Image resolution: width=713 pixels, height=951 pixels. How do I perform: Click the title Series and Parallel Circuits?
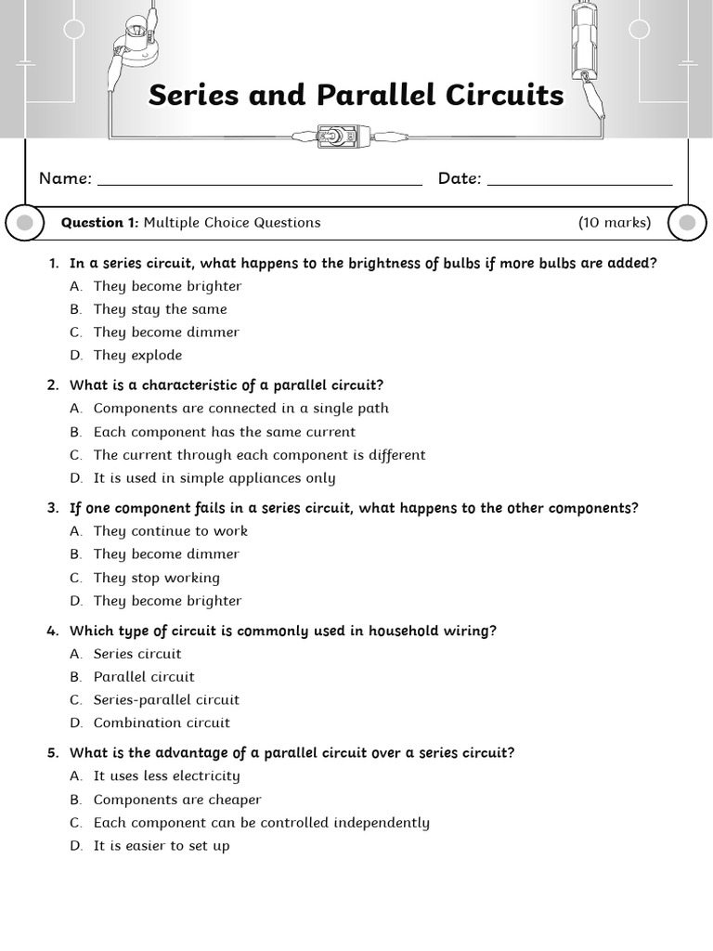point(356,96)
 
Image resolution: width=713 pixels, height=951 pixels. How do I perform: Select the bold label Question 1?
point(99,223)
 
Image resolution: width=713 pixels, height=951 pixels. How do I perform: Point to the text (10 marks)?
point(614,223)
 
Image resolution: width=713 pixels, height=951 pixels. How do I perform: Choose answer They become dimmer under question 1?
point(165,332)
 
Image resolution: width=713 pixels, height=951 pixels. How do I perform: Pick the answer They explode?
point(137,356)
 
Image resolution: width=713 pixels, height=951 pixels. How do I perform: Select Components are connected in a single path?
point(240,409)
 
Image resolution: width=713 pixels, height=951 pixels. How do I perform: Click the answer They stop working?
point(156,578)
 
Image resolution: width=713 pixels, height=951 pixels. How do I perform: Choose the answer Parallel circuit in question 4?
point(144,677)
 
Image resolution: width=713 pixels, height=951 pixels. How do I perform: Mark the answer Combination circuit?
point(162,723)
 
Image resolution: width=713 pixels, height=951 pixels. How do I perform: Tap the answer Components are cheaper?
point(177,800)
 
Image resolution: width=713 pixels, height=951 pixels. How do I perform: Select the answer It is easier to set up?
point(162,846)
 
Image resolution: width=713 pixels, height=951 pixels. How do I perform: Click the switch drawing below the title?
point(332,137)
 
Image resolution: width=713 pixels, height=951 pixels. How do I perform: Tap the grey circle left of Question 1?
point(25,223)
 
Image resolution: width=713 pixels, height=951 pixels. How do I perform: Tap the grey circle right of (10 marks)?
point(687,223)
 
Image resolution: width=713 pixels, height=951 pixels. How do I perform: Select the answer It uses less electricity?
point(166,776)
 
